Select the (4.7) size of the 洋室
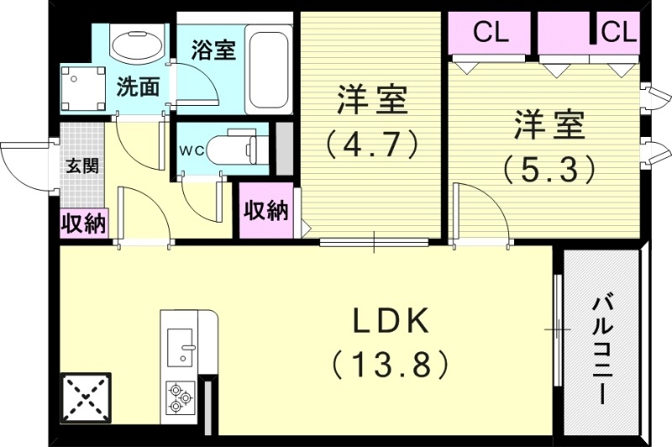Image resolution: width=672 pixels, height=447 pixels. point(372,143)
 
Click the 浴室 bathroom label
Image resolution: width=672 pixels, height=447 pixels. point(213,50)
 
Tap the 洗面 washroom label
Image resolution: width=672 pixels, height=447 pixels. point(137,86)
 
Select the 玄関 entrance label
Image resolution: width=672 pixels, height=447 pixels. point(82,165)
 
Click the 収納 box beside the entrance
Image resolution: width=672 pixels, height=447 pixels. point(83,223)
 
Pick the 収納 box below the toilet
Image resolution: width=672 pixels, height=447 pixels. point(265,210)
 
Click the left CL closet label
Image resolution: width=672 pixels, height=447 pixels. point(491,33)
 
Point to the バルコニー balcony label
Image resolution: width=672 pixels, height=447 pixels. point(601,349)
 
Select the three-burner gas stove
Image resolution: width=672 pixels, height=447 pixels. point(181,397)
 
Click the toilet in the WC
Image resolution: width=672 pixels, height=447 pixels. point(235,150)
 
